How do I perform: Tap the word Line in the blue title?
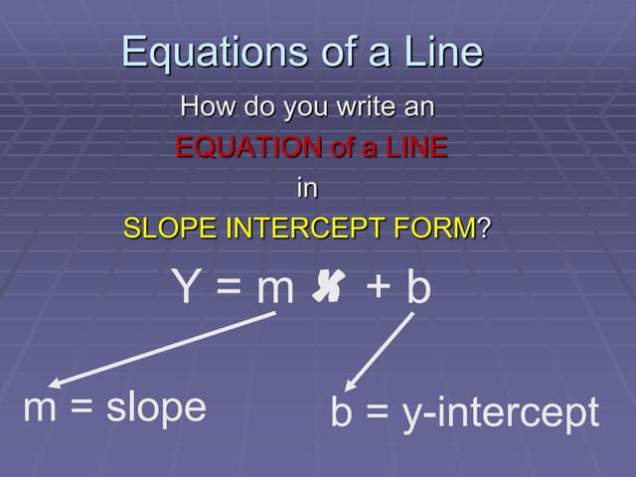pyautogui.click(x=437, y=52)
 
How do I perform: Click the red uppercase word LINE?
pyautogui.click(x=413, y=149)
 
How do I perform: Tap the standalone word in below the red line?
pyautogui.click(x=308, y=187)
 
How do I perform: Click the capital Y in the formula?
pyautogui.click(x=187, y=288)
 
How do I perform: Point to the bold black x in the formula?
pyautogui.click(x=331, y=287)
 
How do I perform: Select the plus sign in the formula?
pyautogui.click(x=378, y=288)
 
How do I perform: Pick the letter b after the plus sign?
pyautogui.click(x=418, y=287)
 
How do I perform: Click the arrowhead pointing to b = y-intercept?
pyautogui.click(x=349, y=386)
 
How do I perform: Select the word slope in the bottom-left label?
pyautogui.click(x=158, y=407)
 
